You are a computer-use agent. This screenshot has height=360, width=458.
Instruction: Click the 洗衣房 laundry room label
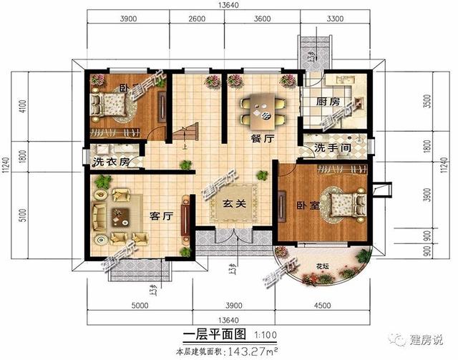(112, 161)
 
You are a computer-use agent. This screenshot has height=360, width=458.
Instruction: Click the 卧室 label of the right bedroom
(308, 206)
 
